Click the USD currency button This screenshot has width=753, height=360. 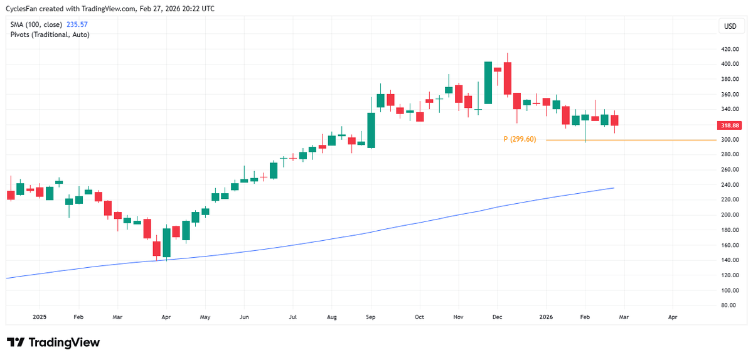730,26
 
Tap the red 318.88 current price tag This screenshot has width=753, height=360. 730,125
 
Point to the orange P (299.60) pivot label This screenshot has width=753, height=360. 520,139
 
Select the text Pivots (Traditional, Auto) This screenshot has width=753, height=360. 50,34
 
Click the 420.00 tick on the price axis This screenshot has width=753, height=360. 730,49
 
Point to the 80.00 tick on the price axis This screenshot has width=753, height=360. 730,305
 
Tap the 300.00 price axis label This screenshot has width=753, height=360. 730,140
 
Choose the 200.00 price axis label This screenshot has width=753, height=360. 730,215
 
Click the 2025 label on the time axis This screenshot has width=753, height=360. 39,317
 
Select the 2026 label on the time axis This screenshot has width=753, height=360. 546,317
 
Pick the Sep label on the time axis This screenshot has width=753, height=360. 371,317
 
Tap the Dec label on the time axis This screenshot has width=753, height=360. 496,317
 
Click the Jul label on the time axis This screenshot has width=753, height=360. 292,317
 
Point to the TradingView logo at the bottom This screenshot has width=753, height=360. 53,342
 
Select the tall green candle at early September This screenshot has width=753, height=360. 371,130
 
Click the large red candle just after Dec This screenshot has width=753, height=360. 508,78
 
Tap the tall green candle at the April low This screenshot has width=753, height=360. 166,243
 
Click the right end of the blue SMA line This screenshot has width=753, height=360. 613,188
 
